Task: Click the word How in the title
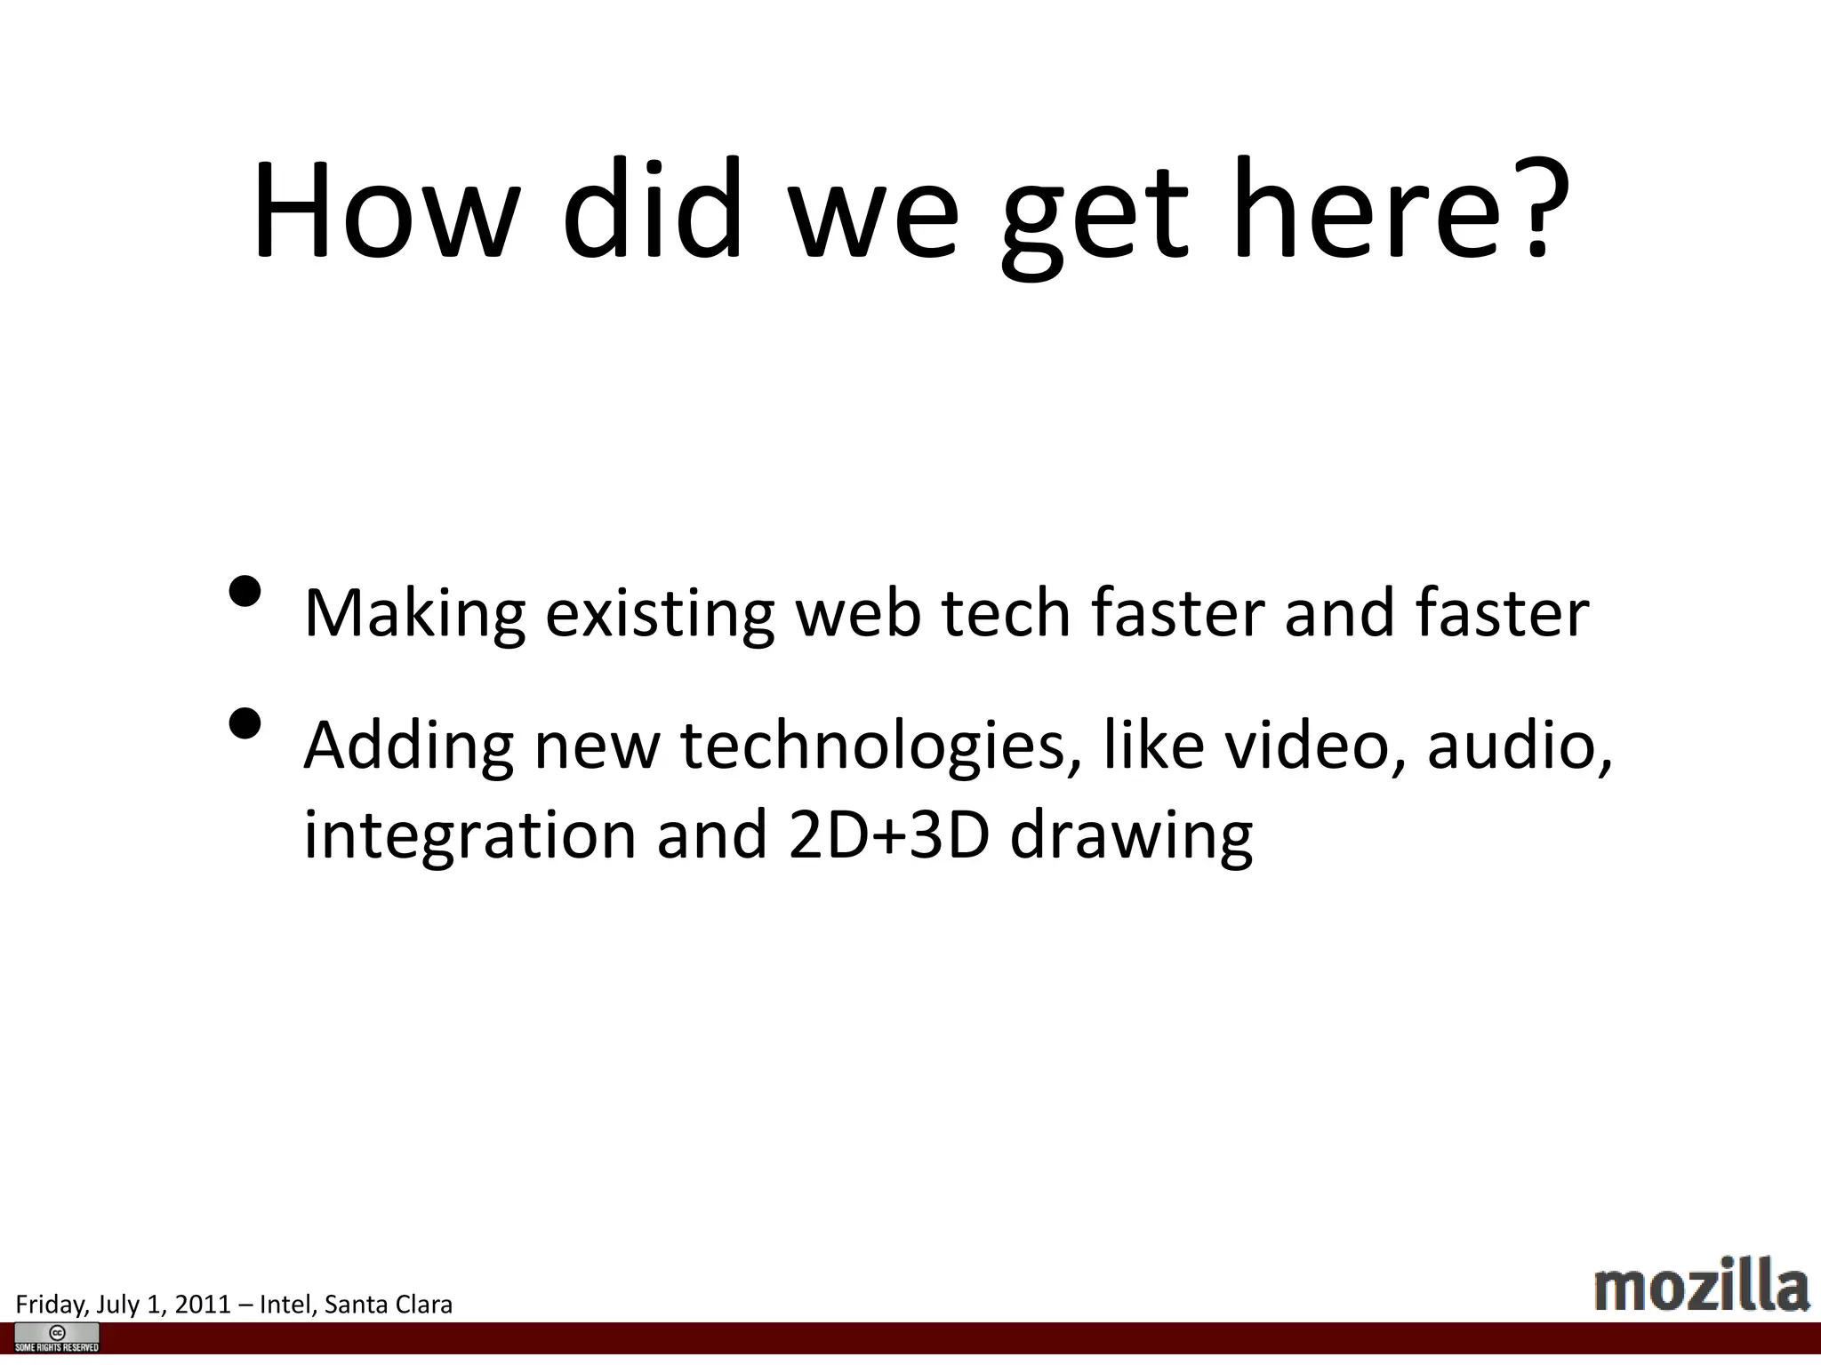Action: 384,211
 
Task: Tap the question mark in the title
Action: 1537,211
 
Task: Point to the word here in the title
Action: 1367,211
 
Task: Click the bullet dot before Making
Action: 245,592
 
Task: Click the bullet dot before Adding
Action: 245,724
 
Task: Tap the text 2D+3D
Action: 888,835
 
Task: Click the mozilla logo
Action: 1701,1285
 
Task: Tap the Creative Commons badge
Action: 57,1337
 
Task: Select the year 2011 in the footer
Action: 203,1305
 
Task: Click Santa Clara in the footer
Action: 389,1305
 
